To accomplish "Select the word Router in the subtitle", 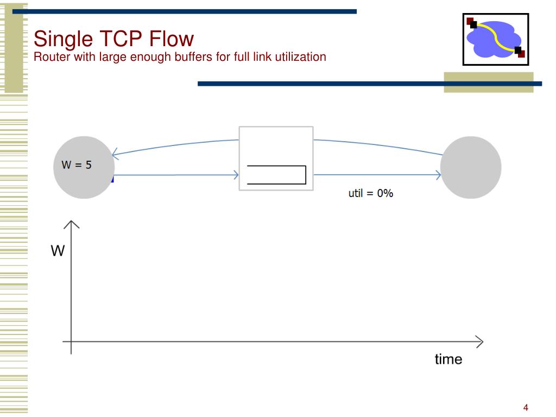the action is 48,56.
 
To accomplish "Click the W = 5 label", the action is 77,165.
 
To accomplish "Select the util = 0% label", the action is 370,193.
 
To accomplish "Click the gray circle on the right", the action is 470,167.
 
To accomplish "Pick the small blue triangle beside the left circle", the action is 112,179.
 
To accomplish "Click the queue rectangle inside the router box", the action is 276,175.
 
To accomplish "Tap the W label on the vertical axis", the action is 58,251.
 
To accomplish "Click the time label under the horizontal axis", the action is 448,359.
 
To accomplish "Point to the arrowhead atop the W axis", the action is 72,224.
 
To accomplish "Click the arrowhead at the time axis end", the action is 479,342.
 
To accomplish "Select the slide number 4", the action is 526,408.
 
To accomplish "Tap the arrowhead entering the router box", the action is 236,175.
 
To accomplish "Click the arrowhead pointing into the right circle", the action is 438,175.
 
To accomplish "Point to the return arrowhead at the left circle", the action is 115,154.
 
